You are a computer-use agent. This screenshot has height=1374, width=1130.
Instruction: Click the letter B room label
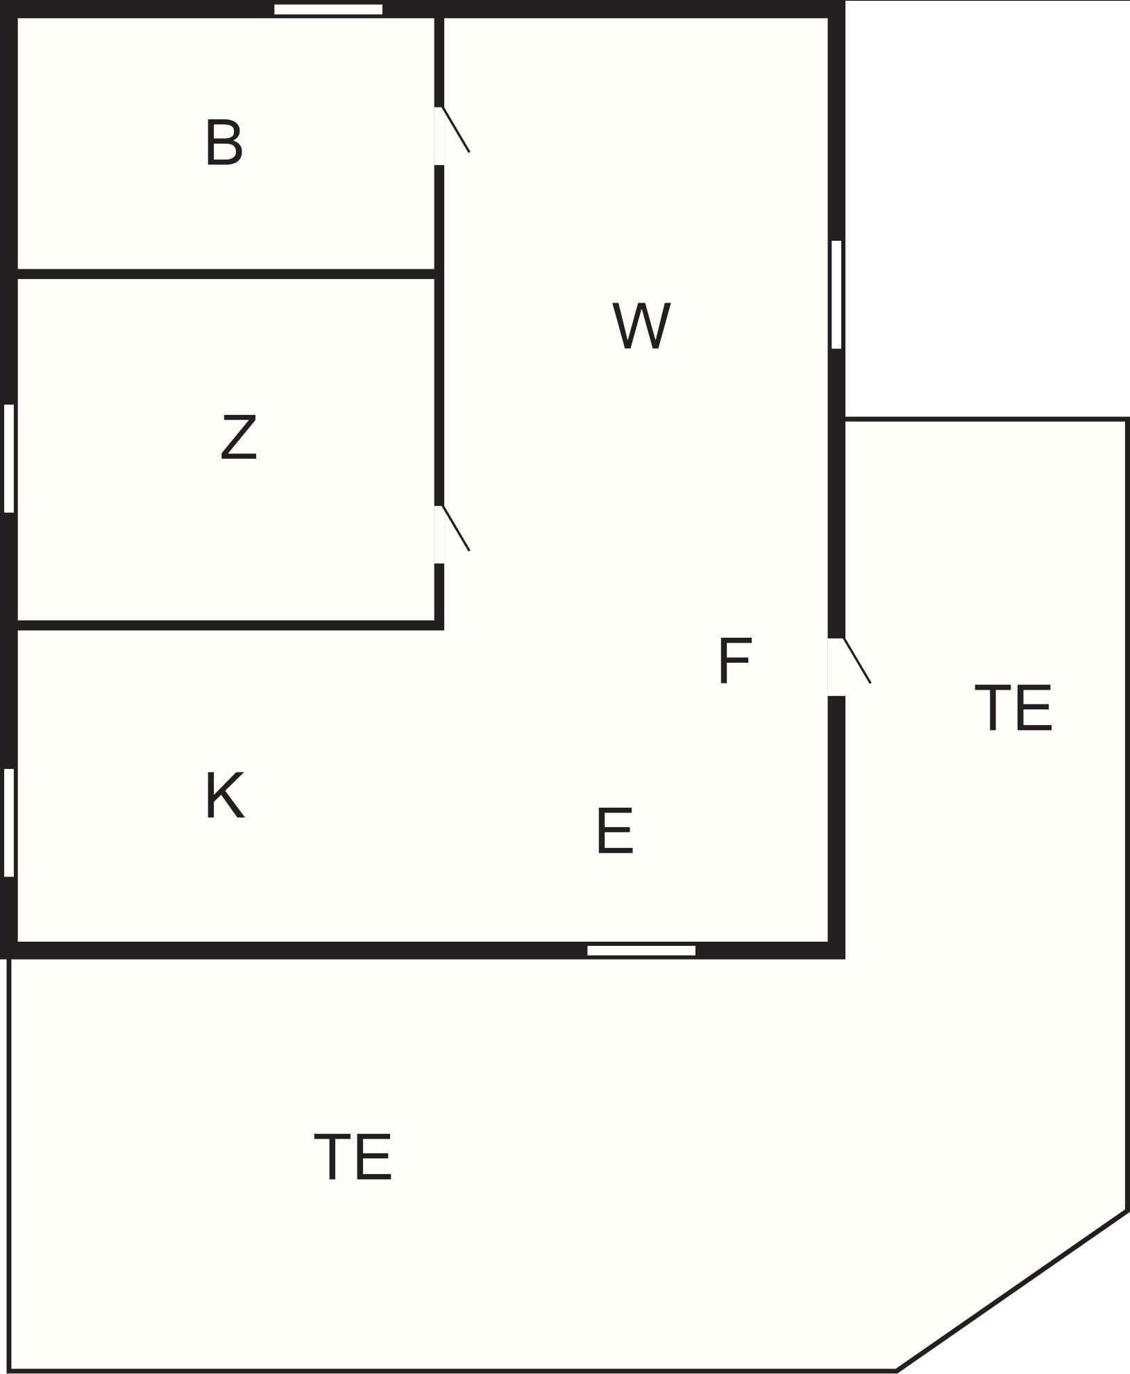(x=224, y=142)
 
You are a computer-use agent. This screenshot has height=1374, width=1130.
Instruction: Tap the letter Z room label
(x=239, y=437)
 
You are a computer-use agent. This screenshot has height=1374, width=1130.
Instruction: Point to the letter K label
(x=225, y=795)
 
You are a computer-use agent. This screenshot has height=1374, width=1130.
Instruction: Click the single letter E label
(x=615, y=831)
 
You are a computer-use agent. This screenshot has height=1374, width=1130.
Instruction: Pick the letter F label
(x=734, y=661)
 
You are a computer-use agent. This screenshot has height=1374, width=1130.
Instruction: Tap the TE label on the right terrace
(x=1013, y=708)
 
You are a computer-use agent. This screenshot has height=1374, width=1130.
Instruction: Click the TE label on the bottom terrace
(x=353, y=1157)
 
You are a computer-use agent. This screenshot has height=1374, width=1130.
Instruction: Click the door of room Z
(x=452, y=534)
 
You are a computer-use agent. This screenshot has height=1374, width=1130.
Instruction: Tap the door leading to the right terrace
(x=850, y=667)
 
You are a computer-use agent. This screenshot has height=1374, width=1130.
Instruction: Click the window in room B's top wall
(x=328, y=9)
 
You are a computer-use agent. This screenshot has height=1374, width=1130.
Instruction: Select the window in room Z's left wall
(x=9, y=458)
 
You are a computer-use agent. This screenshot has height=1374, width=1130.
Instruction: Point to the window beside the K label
(x=9, y=822)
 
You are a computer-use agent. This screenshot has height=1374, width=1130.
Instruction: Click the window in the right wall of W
(x=836, y=294)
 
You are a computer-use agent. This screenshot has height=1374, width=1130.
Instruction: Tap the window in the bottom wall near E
(x=641, y=950)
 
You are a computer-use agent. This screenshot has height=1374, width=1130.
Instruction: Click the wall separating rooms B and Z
(x=226, y=274)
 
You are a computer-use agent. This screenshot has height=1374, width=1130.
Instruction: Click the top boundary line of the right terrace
(x=986, y=419)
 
